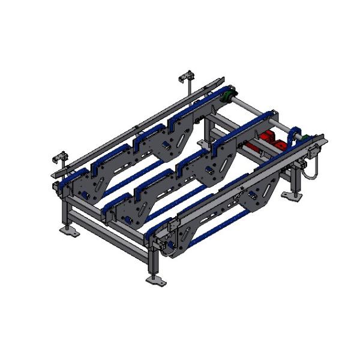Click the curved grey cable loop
coord(311,170)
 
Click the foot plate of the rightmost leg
coord(298,197)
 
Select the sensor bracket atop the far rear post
coord(186,77)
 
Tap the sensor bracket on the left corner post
coord(58,157)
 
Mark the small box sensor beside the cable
coord(314,151)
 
